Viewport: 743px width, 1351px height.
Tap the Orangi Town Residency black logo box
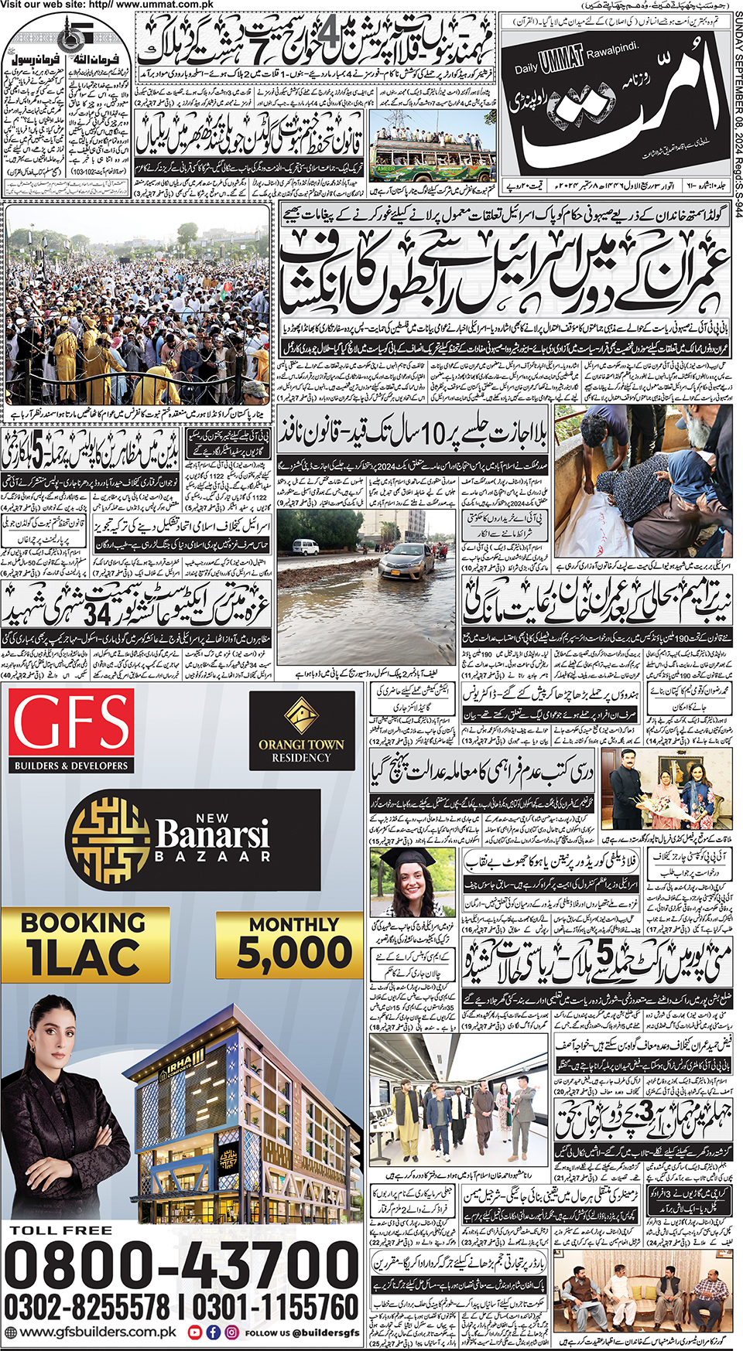tap(301, 731)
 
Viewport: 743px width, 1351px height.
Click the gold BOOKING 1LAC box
tap(84, 943)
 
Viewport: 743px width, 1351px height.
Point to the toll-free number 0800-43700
tap(181, 1266)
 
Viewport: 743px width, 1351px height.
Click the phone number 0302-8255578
tap(87, 1307)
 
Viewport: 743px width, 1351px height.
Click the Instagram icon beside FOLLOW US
tap(231, 1332)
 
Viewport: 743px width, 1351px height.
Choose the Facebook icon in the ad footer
tap(214, 1332)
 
